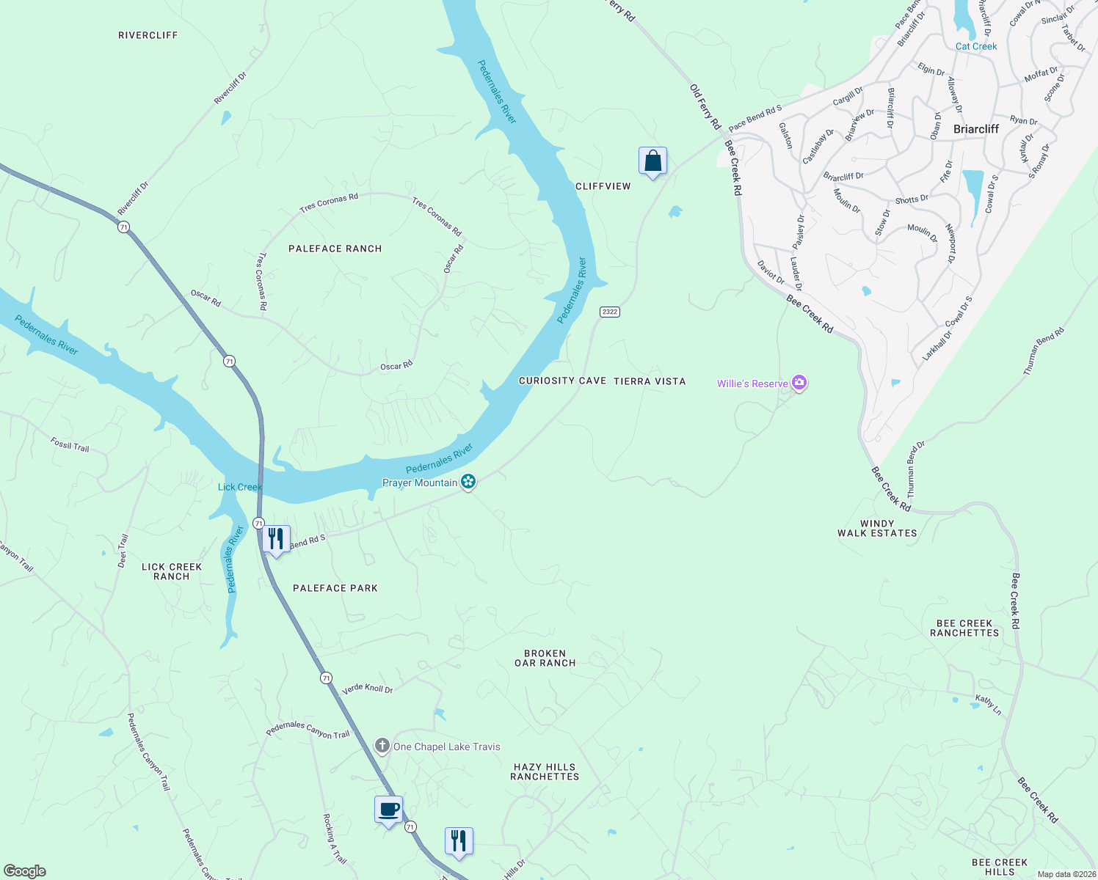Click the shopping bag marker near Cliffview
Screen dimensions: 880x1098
(652, 161)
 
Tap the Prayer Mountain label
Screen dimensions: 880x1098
(420, 483)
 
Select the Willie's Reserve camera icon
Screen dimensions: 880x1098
(799, 383)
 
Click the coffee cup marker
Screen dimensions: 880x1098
(388, 810)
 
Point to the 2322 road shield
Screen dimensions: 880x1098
(610, 312)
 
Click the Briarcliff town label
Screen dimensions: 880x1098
(975, 129)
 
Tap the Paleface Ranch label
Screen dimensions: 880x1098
(335, 249)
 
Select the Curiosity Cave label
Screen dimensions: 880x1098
(562, 381)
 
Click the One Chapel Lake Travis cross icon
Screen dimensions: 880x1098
(382, 747)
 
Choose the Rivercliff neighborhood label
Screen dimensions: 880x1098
(148, 35)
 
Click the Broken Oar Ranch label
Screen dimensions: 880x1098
(545, 658)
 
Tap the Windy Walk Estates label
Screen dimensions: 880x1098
(877, 529)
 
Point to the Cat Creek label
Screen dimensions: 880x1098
(976, 46)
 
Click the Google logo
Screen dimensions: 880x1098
(24, 871)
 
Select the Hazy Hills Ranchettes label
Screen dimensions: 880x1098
(545, 771)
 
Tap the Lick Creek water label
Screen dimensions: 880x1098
(239, 487)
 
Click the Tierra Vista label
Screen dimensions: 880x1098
(650, 381)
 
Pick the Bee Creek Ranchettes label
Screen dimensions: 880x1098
(964, 628)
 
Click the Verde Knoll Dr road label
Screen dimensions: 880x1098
(367, 689)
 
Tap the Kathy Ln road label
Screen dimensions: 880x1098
(988, 705)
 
